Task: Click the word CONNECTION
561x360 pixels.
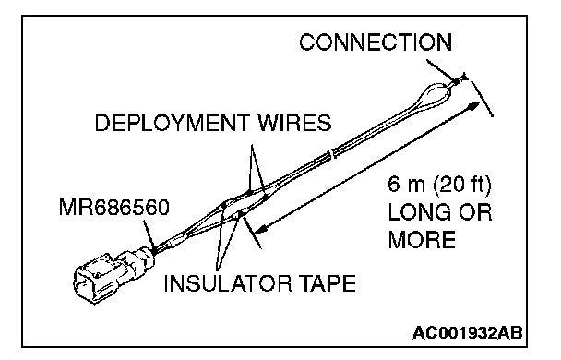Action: pyautogui.click(x=376, y=42)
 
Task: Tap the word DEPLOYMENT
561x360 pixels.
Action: pyautogui.click(x=171, y=123)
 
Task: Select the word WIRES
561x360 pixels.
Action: pyautogui.click(x=295, y=123)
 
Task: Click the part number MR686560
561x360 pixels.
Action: pyautogui.click(x=113, y=208)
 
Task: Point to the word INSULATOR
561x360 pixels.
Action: pyautogui.click(x=228, y=283)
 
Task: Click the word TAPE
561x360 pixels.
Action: pyautogui.click(x=327, y=283)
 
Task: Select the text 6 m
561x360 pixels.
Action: pyautogui.click(x=406, y=185)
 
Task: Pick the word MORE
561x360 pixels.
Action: pyautogui.click(x=422, y=239)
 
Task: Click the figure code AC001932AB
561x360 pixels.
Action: pyautogui.click(x=467, y=333)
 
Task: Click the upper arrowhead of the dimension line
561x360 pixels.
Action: pyautogui.click(x=475, y=105)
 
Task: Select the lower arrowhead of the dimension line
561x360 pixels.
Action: pyautogui.click(x=262, y=228)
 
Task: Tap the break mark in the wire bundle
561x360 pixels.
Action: pyautogui.click(x=331, y=153)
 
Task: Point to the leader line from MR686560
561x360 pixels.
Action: pyautogui.click(x=149, y=235)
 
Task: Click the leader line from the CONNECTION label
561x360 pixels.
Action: pyautogui.click(x=440, y=70)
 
